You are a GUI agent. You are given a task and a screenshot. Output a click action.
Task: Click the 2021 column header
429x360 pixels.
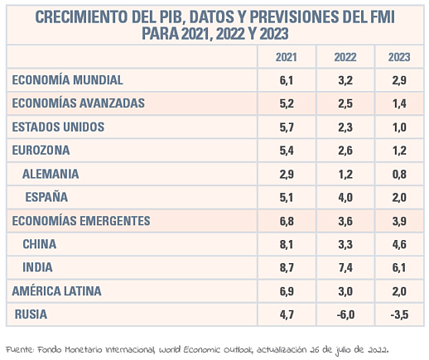tap(287, 57)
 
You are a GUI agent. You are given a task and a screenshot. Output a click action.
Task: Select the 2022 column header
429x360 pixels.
tap(345, 57)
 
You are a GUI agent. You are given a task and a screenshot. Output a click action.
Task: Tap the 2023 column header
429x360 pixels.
tap(399, 57)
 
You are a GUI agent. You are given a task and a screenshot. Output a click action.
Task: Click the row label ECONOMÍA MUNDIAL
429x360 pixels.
tap(67, 80)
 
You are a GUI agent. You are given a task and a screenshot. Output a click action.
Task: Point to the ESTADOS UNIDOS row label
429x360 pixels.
tap(58, 127)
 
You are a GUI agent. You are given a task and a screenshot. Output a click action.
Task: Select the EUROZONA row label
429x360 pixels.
tap(41, 151)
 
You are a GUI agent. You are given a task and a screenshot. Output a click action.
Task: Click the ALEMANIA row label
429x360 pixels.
tap(51, 174)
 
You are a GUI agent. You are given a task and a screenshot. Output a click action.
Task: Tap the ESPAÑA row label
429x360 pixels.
tap(46, 197)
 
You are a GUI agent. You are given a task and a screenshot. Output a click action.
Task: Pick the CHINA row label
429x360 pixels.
tap(40, 244)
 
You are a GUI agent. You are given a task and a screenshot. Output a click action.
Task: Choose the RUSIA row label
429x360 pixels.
tap(31, 314)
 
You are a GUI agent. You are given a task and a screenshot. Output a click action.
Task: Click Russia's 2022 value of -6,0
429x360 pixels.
tap(345, 314)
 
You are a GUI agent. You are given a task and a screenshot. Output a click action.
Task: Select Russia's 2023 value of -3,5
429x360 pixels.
tap(399, 314)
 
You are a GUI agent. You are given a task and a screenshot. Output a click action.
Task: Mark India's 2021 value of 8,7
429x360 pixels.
tap(287, 267)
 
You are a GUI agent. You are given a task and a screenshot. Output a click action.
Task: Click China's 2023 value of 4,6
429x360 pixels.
tap(399, 244)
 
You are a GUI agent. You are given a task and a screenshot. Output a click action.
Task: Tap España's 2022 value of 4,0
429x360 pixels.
tap(345, 198)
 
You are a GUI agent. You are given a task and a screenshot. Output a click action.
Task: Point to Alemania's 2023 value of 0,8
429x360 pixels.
tap(399, 175)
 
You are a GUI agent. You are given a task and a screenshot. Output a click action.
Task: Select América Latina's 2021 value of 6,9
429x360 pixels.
tap(287, 291)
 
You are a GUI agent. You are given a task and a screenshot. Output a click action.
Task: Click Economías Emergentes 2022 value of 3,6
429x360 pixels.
tap(345, 221)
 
